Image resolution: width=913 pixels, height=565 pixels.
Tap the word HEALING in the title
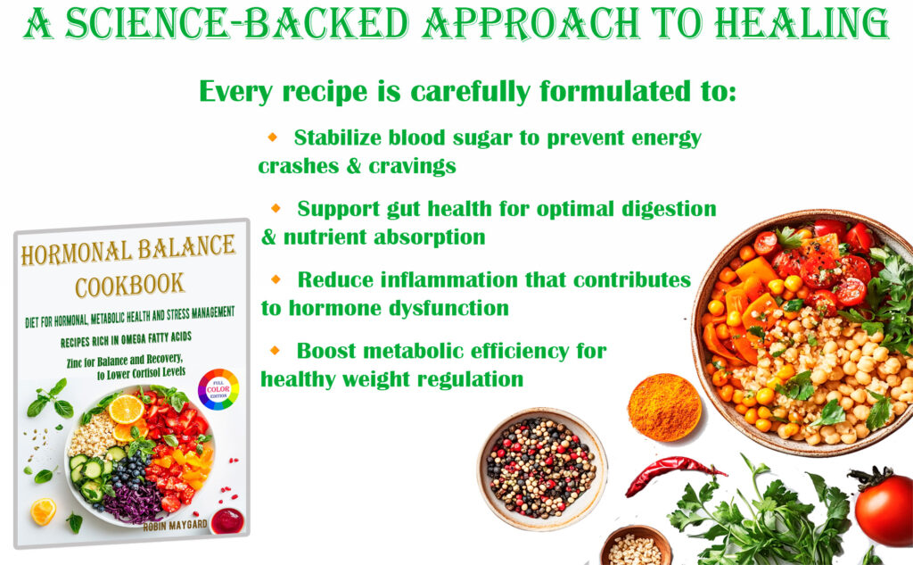(802, 24)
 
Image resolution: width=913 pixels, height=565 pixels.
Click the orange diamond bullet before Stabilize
(273, 137)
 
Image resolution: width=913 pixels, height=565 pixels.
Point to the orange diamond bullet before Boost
(275, 351)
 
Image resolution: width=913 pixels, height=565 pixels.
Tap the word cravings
(412, 167)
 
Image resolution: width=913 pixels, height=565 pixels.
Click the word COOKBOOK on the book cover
(130, 286)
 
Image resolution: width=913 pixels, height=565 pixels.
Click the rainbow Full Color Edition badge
(218, 389)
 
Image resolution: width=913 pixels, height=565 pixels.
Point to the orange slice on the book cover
(126, 410)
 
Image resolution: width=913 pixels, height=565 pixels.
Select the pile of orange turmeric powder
(664, 406)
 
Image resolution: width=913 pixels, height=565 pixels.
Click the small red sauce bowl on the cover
(227, 520)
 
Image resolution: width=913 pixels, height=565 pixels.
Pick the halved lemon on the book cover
(43, 511)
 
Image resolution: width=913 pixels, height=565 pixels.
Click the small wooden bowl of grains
(635, 547)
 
